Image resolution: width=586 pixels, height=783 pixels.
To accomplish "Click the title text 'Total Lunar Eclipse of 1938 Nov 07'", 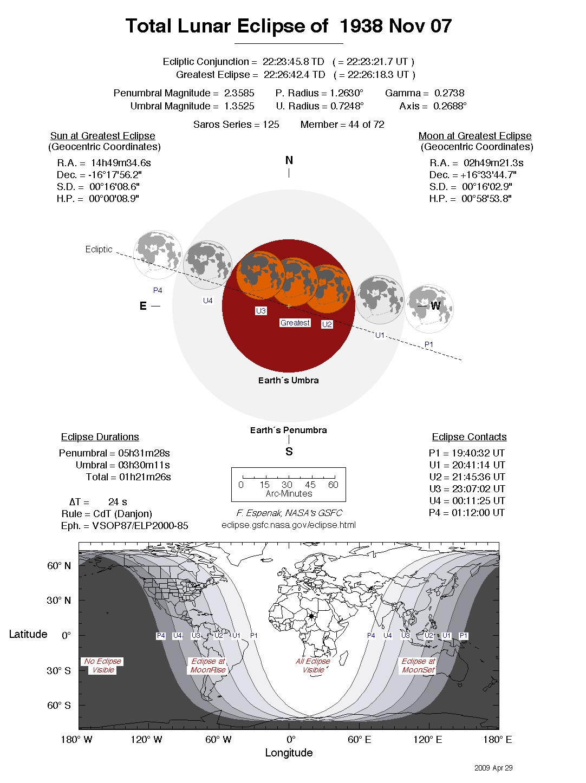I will pyautogui.click(x=288, y=26).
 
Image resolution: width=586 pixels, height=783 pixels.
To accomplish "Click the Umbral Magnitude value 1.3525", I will pyautogui.click(x=239, y=106).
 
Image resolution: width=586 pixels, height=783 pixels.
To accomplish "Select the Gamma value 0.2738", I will pyautogui.click(x=449, y=93).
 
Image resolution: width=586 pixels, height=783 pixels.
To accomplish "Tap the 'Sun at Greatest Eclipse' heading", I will pyautogui.click(x=103, y=136).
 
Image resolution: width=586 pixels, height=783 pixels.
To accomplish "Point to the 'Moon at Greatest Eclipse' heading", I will pyautogui.click(x=475, y=136).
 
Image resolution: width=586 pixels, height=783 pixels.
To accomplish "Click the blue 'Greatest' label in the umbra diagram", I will pyautogui.click(x=295, y=323).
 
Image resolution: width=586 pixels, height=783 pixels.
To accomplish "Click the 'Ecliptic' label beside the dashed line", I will pyautogui.click(x=99, y=250).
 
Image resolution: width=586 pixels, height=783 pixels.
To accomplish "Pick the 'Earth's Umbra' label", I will pyautogui.click(x=288, y=381).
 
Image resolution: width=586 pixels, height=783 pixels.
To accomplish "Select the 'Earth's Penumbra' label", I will pyautogui.click(x=288, y=430).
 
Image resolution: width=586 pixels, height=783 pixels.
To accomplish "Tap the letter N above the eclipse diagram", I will pyautogui.click(x=289, y=160).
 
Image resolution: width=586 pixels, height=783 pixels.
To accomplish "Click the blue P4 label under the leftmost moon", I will pyautogui.click(x=158, y=291).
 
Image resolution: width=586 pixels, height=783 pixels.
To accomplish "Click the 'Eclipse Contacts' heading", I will pyautogui.click(x=469, y=437).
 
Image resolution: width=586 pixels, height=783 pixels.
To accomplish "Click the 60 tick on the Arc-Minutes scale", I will pyautogui.click(x=333, y=485).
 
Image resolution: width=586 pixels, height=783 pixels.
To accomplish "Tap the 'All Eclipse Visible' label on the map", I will pyautogui.click(x=313, y=665).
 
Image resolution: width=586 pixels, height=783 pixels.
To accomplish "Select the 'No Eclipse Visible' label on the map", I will pyautogui.click(x=103, y=665).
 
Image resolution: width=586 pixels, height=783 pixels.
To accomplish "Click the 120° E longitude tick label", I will pyautogui.click(x=427, y=740).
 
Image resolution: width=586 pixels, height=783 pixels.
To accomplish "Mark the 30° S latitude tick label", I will pyautogui.click(x=58, y=670).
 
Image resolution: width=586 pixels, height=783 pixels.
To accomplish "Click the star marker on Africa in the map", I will pyautogui.click(x=311, y=616).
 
